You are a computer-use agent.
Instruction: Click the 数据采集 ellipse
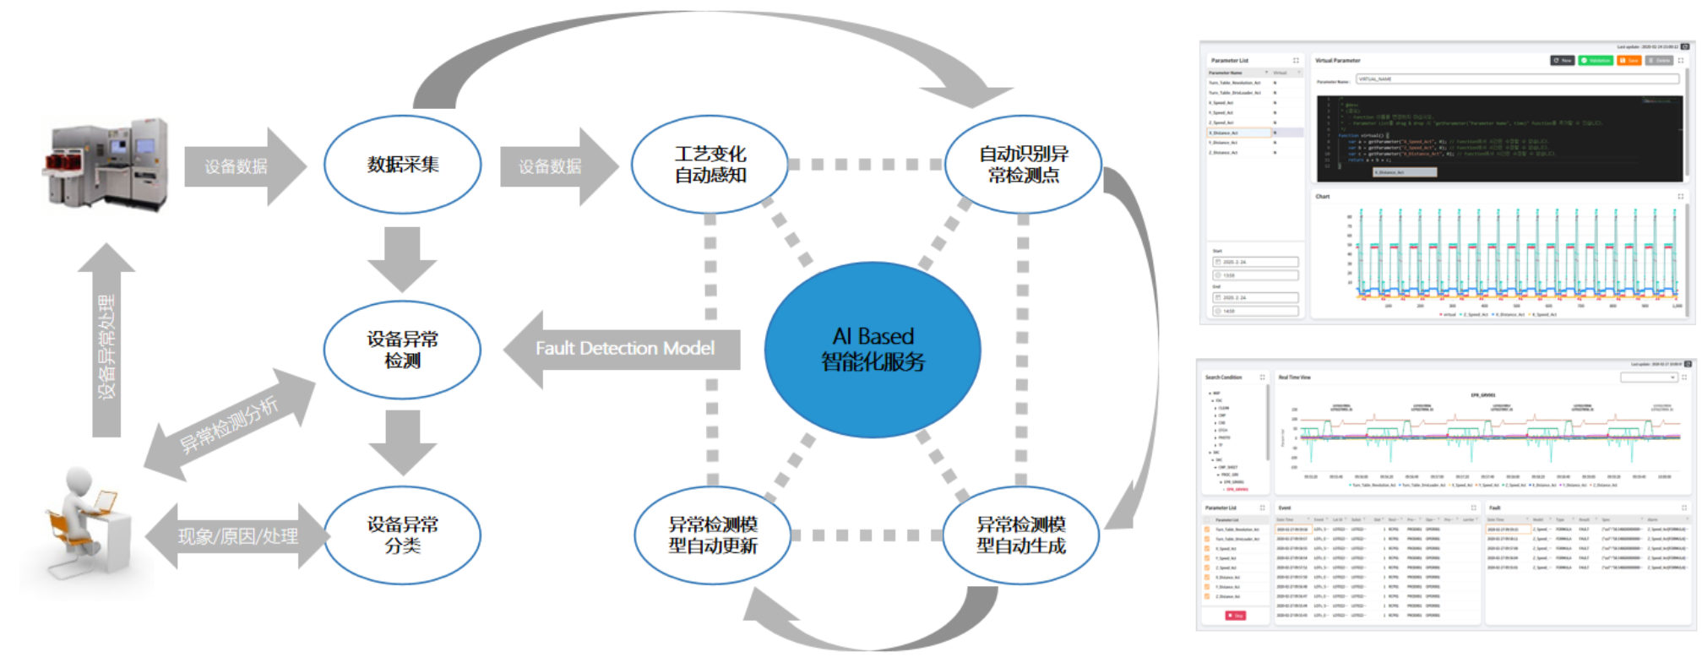403,165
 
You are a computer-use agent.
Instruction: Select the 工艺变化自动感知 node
710,165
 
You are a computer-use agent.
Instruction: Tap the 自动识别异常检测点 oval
1023,165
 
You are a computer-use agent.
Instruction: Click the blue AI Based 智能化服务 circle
873,350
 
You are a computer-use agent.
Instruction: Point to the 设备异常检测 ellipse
402,350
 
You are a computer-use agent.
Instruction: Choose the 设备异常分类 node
402,535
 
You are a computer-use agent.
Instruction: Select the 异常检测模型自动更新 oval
712,535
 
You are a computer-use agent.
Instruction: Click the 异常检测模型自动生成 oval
1020,535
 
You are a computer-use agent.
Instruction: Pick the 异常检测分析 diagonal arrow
229,426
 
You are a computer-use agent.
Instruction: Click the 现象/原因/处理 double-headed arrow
237,536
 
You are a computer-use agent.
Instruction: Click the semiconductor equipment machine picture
107,165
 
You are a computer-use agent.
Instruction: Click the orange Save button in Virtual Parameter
1629,61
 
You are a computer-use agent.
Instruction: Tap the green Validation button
1596,61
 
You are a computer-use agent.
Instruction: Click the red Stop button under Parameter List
1235,616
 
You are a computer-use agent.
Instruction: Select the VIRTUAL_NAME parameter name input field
1516,79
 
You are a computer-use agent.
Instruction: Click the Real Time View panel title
1295,377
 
